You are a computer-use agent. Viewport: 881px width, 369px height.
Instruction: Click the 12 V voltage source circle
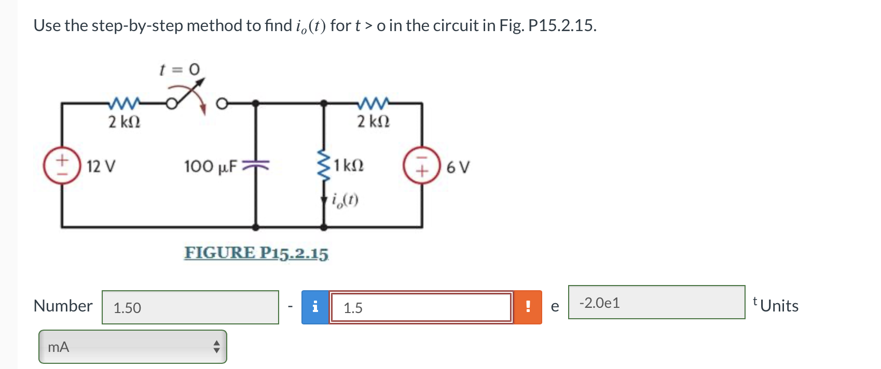(62, 166)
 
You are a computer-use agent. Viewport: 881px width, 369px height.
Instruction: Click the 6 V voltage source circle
(422, 166)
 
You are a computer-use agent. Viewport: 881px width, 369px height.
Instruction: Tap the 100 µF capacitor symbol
(255, 166)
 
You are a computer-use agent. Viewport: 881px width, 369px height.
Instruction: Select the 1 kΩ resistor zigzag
(324, 166)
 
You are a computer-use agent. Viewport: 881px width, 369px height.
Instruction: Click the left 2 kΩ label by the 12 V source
(124, 122)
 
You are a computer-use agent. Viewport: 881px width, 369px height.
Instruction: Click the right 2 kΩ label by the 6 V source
(373, 122)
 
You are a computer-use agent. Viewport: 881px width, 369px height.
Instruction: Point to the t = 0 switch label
(179, 69)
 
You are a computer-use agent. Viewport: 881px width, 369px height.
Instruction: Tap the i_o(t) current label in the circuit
(345, 200)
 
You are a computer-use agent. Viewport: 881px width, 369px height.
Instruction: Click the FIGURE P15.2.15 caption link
(256, 253)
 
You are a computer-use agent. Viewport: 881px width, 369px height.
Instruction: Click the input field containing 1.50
(190, 307)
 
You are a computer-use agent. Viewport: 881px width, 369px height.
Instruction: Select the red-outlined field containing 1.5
(421, 307)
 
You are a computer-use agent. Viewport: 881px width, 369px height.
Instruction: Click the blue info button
(315, 307)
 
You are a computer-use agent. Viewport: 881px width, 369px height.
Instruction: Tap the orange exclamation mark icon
(528, 307)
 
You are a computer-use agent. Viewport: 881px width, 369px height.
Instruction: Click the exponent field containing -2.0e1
(656, 303)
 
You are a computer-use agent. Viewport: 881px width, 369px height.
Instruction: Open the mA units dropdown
(133, 347)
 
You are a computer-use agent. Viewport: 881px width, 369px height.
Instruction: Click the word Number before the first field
(63, 306)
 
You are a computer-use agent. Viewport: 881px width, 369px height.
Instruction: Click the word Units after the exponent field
(779, 306)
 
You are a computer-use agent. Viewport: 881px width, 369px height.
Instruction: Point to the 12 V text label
(101, 167)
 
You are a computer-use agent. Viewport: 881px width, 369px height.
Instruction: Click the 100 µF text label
(210, 167)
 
